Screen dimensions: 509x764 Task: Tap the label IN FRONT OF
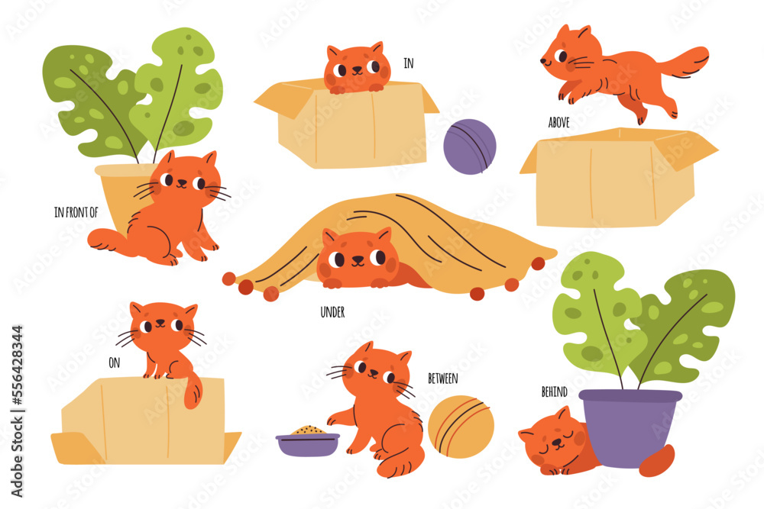tap(76, 213)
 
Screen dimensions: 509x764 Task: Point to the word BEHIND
tap(554, 392)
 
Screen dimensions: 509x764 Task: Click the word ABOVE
tap(558, 122)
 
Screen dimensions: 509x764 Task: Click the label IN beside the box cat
tap(409, 64)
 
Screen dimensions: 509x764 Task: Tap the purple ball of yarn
tap(470, 147)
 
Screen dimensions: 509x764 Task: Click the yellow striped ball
tap(461, 426)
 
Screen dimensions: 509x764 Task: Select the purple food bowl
tap(307, 444)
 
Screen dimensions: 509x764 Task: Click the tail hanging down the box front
tap(191, 391)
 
